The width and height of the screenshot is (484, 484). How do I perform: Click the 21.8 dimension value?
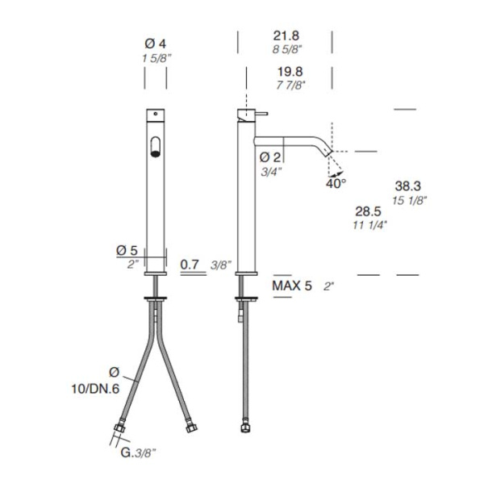[x=286, y=35]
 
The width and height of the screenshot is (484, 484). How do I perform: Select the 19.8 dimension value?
[x=290, y=72]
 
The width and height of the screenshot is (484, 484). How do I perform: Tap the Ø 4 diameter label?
[x=155, y=44]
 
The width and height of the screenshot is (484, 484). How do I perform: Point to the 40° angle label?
[x=336, y=184]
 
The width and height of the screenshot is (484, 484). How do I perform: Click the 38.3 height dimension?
[x=407, y=186]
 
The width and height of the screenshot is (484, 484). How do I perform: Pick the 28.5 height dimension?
[x=368, y=211]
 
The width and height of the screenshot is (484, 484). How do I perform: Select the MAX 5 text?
[x=292, y=286]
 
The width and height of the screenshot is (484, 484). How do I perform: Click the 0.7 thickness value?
[x=190, y=265]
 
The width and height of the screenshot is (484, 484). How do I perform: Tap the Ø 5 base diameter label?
[x=127, y=251]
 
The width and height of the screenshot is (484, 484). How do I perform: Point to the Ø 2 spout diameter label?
[x=270, y=157]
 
